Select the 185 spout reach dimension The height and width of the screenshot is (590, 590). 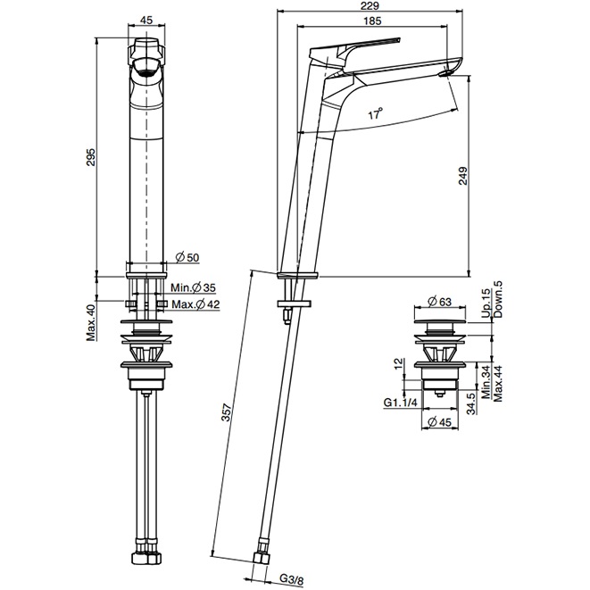[372, 21]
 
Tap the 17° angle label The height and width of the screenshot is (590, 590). [375, 112]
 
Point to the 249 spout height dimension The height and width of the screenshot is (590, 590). [462, 176]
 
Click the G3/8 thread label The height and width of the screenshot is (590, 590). [291, 579]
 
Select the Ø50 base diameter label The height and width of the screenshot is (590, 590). [187, 257]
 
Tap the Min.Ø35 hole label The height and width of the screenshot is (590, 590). [194, 287]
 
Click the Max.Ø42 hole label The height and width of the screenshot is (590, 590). [195, 304]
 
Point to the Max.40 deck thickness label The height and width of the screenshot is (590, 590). [91, 322]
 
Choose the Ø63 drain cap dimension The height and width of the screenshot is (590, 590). [439, 302]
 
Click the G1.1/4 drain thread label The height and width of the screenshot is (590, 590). [401, 403]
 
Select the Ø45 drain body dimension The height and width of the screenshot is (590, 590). [439, 422]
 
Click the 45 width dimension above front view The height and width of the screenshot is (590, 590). [146, 20]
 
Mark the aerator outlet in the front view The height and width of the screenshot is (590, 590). [146, 69]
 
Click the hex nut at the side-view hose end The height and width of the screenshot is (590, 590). [260, 558]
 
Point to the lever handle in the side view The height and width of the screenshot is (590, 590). [353, 49]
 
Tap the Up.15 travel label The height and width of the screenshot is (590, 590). [486, 303]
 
